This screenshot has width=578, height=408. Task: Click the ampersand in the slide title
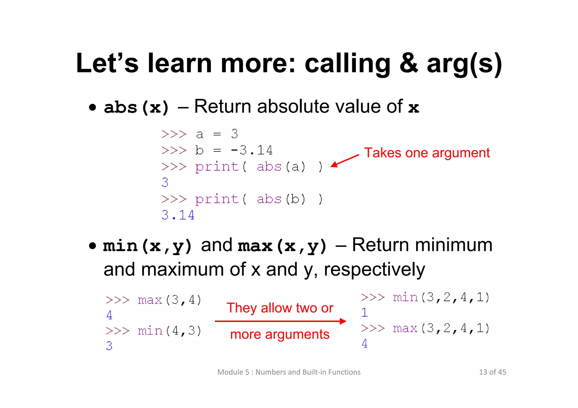click(409, 63)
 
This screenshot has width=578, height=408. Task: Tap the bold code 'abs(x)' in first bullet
click(137, 107)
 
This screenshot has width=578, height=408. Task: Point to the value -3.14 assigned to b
click(251, 150)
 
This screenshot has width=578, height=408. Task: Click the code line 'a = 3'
click(217, 134)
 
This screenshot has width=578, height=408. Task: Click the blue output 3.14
click(178, 215)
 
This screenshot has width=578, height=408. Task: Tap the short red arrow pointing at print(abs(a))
click(345, 161)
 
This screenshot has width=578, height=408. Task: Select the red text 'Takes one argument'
click(427, 153)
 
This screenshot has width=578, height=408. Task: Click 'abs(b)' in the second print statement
click(281, 199)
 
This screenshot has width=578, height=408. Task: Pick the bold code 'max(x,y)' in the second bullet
click(282, 246)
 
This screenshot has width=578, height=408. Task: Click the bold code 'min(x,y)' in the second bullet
click(148, 246)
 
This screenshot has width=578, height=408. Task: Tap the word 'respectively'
click(374, 270)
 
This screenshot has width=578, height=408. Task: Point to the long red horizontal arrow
click(280, 321)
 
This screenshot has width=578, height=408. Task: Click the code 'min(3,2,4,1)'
click(441, 297)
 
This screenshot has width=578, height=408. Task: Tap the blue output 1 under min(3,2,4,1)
click(364, 312)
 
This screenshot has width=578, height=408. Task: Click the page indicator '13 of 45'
click(492, 372)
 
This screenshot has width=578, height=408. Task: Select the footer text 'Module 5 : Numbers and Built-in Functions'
click(289, 372)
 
